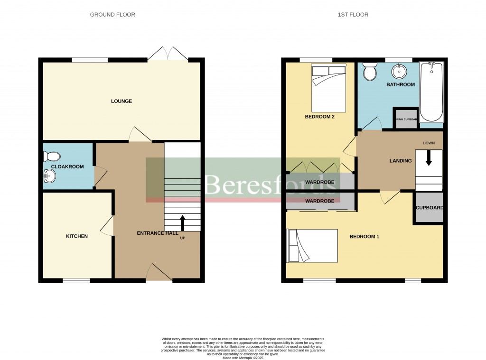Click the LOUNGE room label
[x=121, y=101]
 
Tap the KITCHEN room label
[x=76, y=236]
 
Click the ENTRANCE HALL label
[x=158, y=233]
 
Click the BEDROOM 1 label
[x=364, y=237]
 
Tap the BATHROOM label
[x=400, y=84]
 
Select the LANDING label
[x=400, y=161]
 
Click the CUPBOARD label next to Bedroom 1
[x=429, y=208]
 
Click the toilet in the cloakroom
[x=51, y=156]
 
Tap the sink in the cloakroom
[x=49, y=176]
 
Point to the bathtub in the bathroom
[x=431, y=92]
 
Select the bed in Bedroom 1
[x=312, y=246]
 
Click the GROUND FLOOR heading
[x=112, y=15]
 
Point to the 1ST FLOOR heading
[x=353, y=15]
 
